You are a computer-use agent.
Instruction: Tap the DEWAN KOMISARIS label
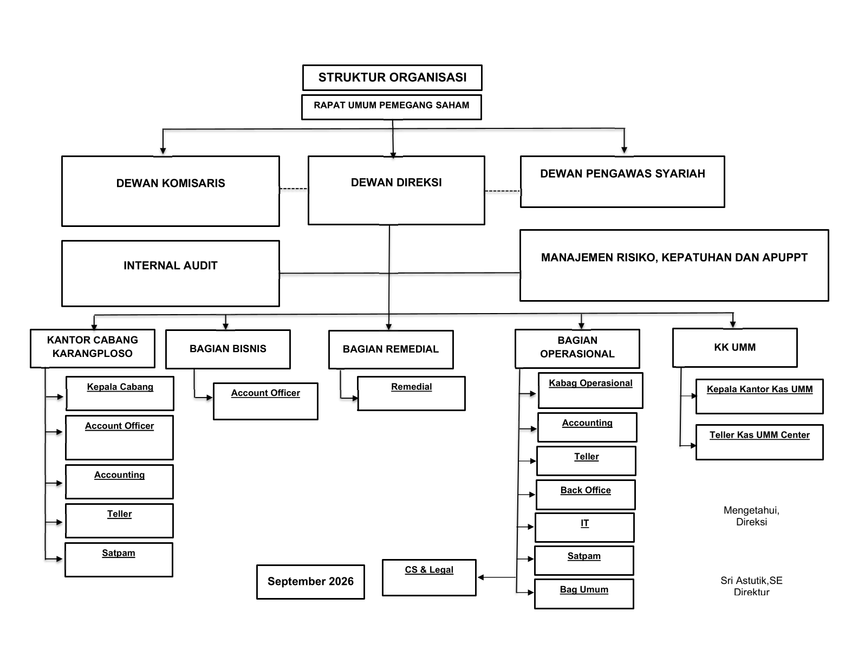pos(171,183)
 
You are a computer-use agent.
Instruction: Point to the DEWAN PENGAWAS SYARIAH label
pos(622,174)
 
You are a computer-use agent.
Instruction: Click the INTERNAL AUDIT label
pos(171,265)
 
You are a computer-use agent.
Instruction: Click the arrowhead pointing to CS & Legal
pos(480,577)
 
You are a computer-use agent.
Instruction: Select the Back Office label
pos(586,490)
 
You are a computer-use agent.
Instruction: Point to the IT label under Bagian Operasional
pos(585,523)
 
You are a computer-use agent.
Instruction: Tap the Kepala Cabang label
pos(120,387)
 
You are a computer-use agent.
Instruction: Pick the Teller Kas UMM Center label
pos(759,435)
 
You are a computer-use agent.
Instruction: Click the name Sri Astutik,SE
pos(751,581)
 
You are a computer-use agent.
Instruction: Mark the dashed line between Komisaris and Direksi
pos(294,189)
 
